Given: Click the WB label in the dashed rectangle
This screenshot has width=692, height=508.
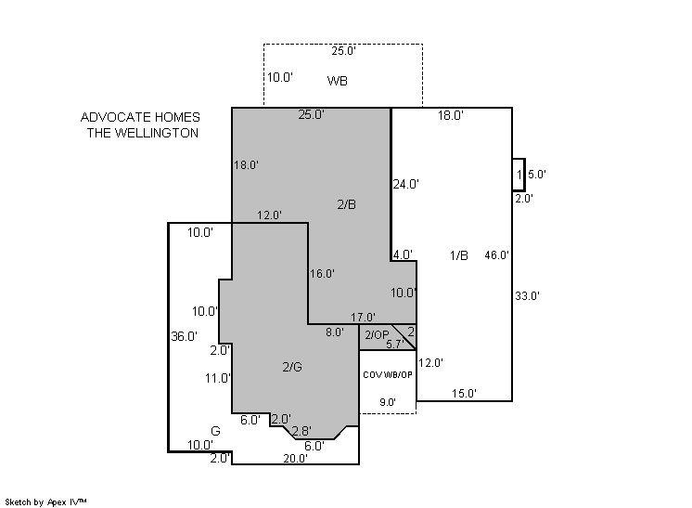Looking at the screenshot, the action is (x=337, y=81).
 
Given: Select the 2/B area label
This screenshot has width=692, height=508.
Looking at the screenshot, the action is (x=346, y=204).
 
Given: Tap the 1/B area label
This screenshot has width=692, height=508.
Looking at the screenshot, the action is (x=459, y=255).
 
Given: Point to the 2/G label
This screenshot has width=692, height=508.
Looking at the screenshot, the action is (x=292, y=367).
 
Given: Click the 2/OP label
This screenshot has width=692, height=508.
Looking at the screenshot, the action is (x=377, y=335).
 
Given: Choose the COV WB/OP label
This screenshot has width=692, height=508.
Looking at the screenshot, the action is (x=388, y=374).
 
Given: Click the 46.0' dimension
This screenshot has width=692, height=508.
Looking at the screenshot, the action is (x=497, y=254).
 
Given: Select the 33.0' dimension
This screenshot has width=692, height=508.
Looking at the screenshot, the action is (x=528, y=296).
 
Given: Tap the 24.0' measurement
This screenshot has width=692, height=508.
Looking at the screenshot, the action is (x=406, y=184).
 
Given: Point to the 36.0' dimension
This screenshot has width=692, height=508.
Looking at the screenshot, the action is (x=184, y=336).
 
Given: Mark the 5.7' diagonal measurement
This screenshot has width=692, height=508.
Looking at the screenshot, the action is (x=395, y=345).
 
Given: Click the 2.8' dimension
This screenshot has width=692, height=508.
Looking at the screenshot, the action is (x=301, y=431).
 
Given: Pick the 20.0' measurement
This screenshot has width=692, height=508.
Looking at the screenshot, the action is (x=295, y=459).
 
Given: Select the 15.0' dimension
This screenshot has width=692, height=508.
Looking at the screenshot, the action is (x=465, y=393).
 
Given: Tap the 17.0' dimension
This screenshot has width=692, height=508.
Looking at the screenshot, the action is (x=364, y=318).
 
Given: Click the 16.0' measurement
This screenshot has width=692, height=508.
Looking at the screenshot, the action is (x=322, y=274).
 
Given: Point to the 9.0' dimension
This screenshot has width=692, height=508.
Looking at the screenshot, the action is (x=388, y=402).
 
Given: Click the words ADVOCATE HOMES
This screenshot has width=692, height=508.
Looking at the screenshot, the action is (x=140, y=117).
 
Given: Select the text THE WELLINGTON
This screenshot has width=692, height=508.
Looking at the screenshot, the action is (x=143, y=133).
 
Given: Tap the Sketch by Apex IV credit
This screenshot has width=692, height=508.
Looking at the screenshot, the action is (x=45, y=502).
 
